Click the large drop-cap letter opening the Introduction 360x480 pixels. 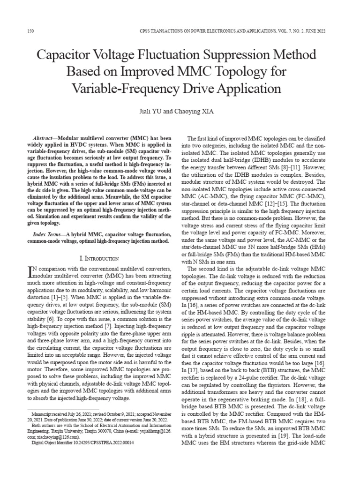coord(32,270)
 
